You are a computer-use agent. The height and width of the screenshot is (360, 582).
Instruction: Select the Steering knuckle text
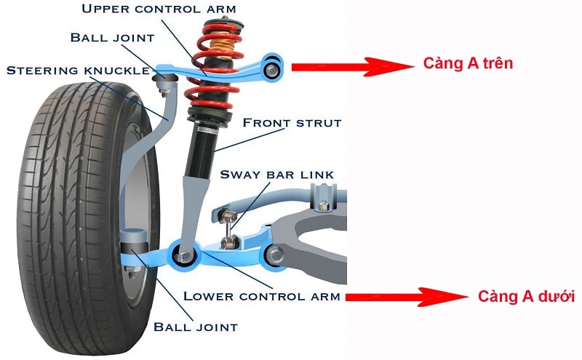tap(78, 71)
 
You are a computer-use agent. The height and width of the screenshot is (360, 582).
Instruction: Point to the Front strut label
tap(291, 123)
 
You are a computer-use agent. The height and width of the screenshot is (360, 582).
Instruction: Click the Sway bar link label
tap(276, 175)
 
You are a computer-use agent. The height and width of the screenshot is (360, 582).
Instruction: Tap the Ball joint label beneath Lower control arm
tap(196, 327)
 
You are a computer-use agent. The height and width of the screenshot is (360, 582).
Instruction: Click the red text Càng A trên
tap(468, 64)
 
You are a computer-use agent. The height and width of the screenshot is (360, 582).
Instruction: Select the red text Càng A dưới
tap(526, 297)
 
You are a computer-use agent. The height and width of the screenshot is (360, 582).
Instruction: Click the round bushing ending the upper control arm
tap(273, 68)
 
